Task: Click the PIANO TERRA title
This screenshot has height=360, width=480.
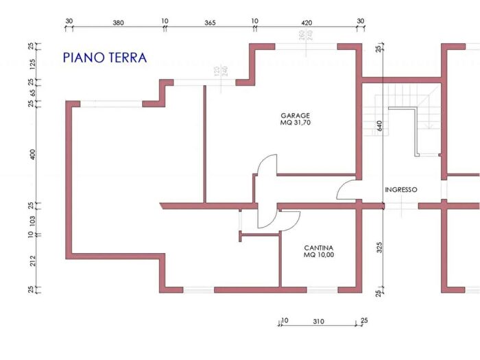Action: pyautogui.click(x=105, y=58)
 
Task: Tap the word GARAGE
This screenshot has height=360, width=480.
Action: pyautogui.click(x=296, y=115)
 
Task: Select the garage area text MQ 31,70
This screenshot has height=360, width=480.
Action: pyautogui.click(x=296, y=123)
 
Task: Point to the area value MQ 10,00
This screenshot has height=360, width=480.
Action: pyautogui.click(x=319, y=255)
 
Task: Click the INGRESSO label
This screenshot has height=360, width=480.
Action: pyautogui.click(x=401, y=190)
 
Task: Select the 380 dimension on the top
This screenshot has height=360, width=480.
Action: pyautogui.click(x=117, y=22)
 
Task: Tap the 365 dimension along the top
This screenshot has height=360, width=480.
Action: pyautogui.click(x=210, y=22)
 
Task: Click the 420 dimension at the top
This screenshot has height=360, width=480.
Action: pyautogui.click(x=307, y=22)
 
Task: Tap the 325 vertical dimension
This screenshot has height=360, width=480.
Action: pyautogui.click(x=378, y=247)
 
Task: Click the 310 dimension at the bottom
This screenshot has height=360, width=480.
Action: pyautogui.click(x=317, y=321)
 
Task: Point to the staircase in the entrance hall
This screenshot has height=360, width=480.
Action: pyautogui.click(x=405, y=117)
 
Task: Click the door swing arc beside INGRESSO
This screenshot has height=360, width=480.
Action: pyautogui.click(x=346, y=189)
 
